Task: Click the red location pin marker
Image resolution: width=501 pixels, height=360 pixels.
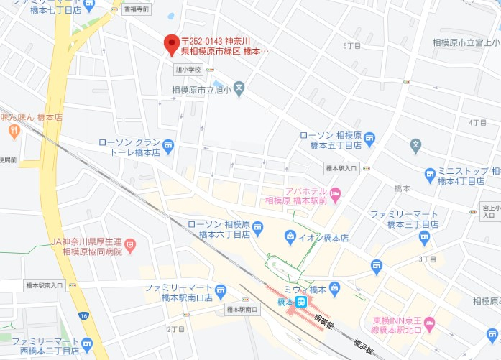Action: pyautogui.click(x=171, y=45)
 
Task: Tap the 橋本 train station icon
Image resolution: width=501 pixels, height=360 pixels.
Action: pyautogui.click(x=303, y=303)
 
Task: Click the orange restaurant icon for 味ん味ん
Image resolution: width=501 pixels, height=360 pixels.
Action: pyautogui.click(x=14, y=131)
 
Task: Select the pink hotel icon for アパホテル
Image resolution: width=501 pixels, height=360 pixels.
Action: pyautogui.click(x=335, y=193)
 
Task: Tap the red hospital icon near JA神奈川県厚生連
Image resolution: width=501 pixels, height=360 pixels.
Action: pyautogui.click(x=130, y=246)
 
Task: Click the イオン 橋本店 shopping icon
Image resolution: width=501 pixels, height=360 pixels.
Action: pyautogui.click(x=290, y=236)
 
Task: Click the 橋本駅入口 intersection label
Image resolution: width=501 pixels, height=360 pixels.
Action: pyautogui.click(x=341, y=168)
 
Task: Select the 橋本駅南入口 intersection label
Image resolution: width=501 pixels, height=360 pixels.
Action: pyautogui.click(x=44, y=285)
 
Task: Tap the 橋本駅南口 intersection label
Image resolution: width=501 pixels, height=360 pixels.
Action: pyautogui.click(x=242, y=310)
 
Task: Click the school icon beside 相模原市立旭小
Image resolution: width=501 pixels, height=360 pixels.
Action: pyautogui.click(x=239, y=87)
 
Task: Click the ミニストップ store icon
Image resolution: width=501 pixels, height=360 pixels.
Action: pyautogui.click(x=430, y=173)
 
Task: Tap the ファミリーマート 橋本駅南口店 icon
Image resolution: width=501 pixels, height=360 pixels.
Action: pyautogui.click(x=221, y=291)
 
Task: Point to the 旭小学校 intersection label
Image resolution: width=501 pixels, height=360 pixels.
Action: pyautogui.click(x=188, y=70)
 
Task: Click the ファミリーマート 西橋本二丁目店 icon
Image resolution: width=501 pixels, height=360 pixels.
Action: pyautogui.click(x=87, y=343)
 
